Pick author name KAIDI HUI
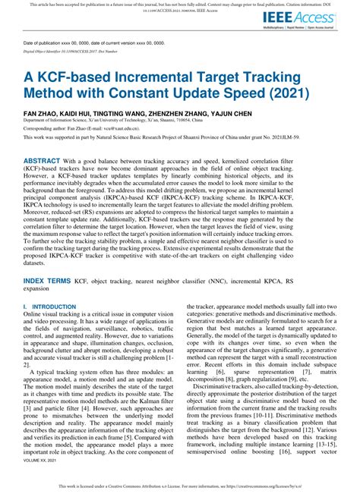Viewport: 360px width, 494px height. (x=77, y=111)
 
